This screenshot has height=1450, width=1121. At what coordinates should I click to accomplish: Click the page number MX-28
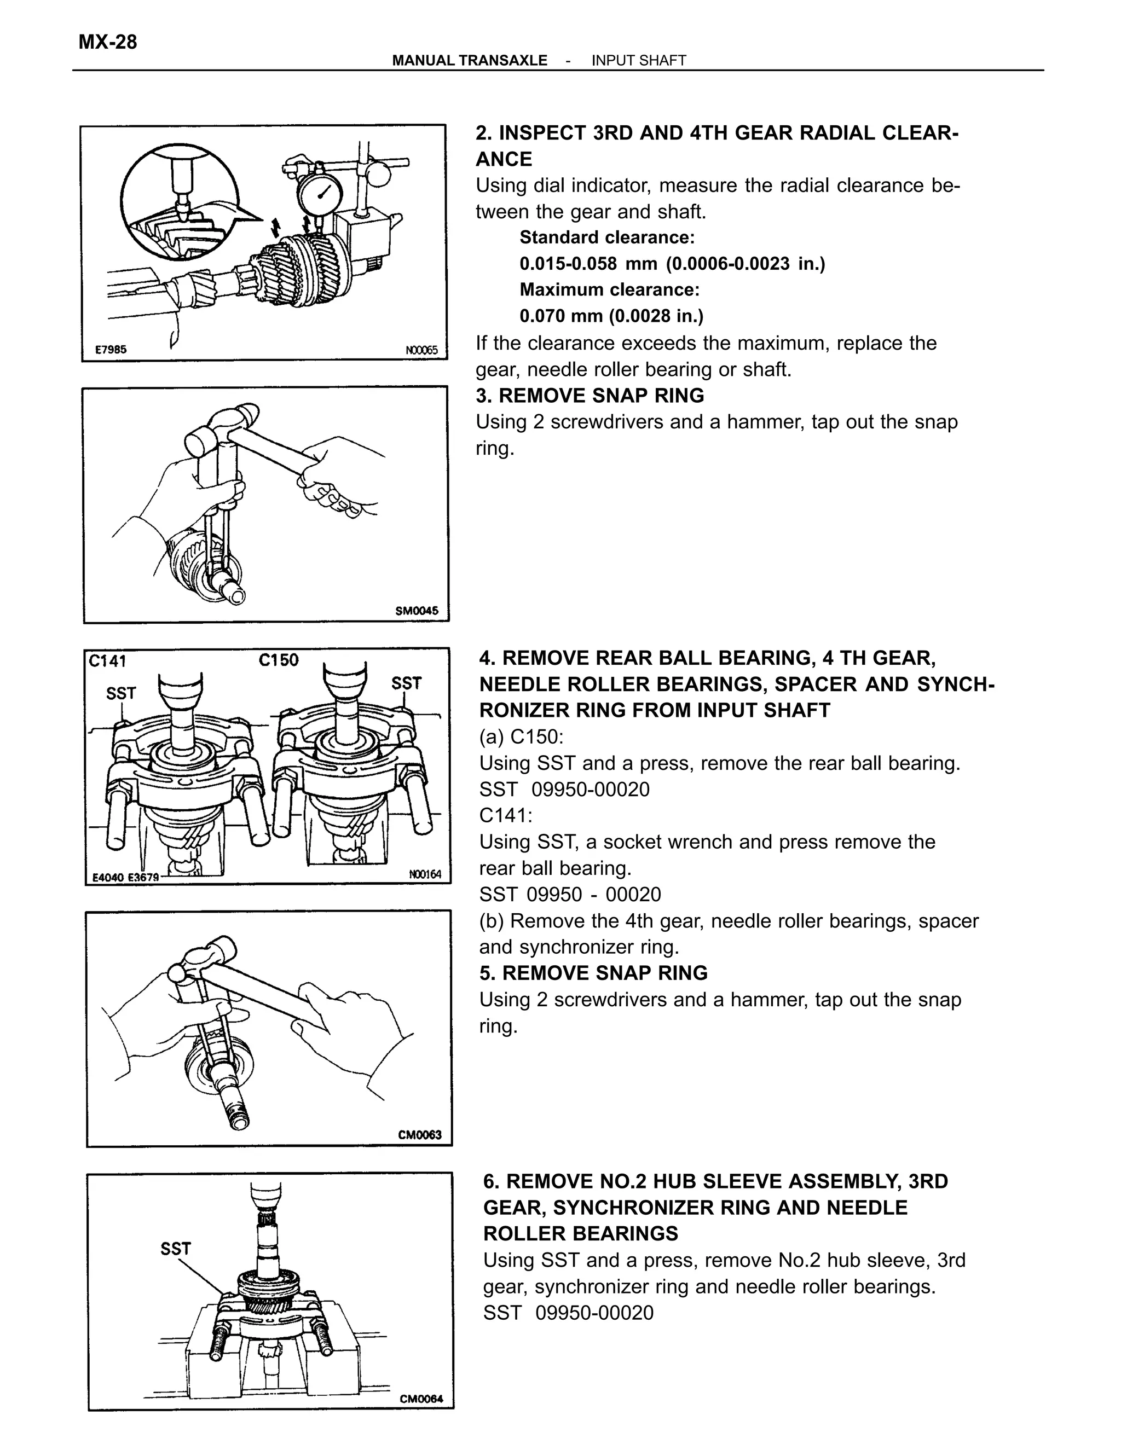click(x=108, y=42)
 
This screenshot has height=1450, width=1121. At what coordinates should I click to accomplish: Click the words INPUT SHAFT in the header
click(x=638, y=60)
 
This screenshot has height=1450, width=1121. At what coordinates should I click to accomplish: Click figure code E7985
click(x=111, y=349)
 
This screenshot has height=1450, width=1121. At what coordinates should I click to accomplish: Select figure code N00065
click(x=421, y=350)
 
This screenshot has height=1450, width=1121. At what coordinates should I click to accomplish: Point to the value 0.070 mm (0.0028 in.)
click(x=611, y=315)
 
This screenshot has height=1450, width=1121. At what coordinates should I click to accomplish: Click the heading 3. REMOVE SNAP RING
click(x=590, y=395)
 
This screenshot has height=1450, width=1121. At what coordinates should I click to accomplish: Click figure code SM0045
click(x=417, y=610)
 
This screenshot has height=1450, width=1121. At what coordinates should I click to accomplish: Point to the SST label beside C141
click(x=121, y=693)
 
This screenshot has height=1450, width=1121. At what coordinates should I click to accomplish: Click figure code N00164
click(x=425, y=874)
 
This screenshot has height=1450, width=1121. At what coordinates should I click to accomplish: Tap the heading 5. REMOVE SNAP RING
click(x=593, y=973)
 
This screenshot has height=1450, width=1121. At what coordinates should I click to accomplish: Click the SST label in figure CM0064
click(x=175, y=1249)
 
